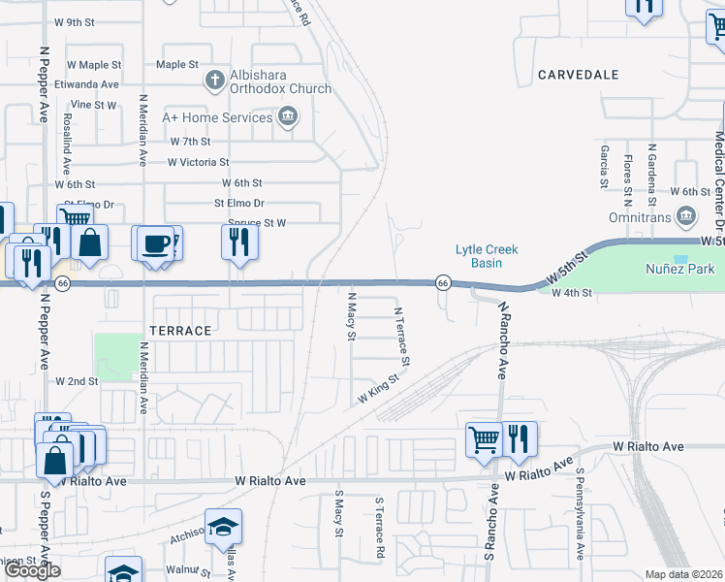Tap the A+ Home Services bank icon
click(288, 118)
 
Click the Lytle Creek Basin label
click(487, 256)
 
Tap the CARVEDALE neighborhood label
click(578, 75)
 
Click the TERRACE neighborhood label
click(180, 331)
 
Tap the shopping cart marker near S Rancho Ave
click(484, 438)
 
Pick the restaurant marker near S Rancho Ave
click(519, 438)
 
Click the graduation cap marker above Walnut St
click(224, 527)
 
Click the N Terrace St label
click(401, 338)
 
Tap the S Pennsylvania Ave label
click(580, 514)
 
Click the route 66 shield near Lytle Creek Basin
click(442, 282)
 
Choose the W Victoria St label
click(198, 162)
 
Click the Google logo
click(32, 571)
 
